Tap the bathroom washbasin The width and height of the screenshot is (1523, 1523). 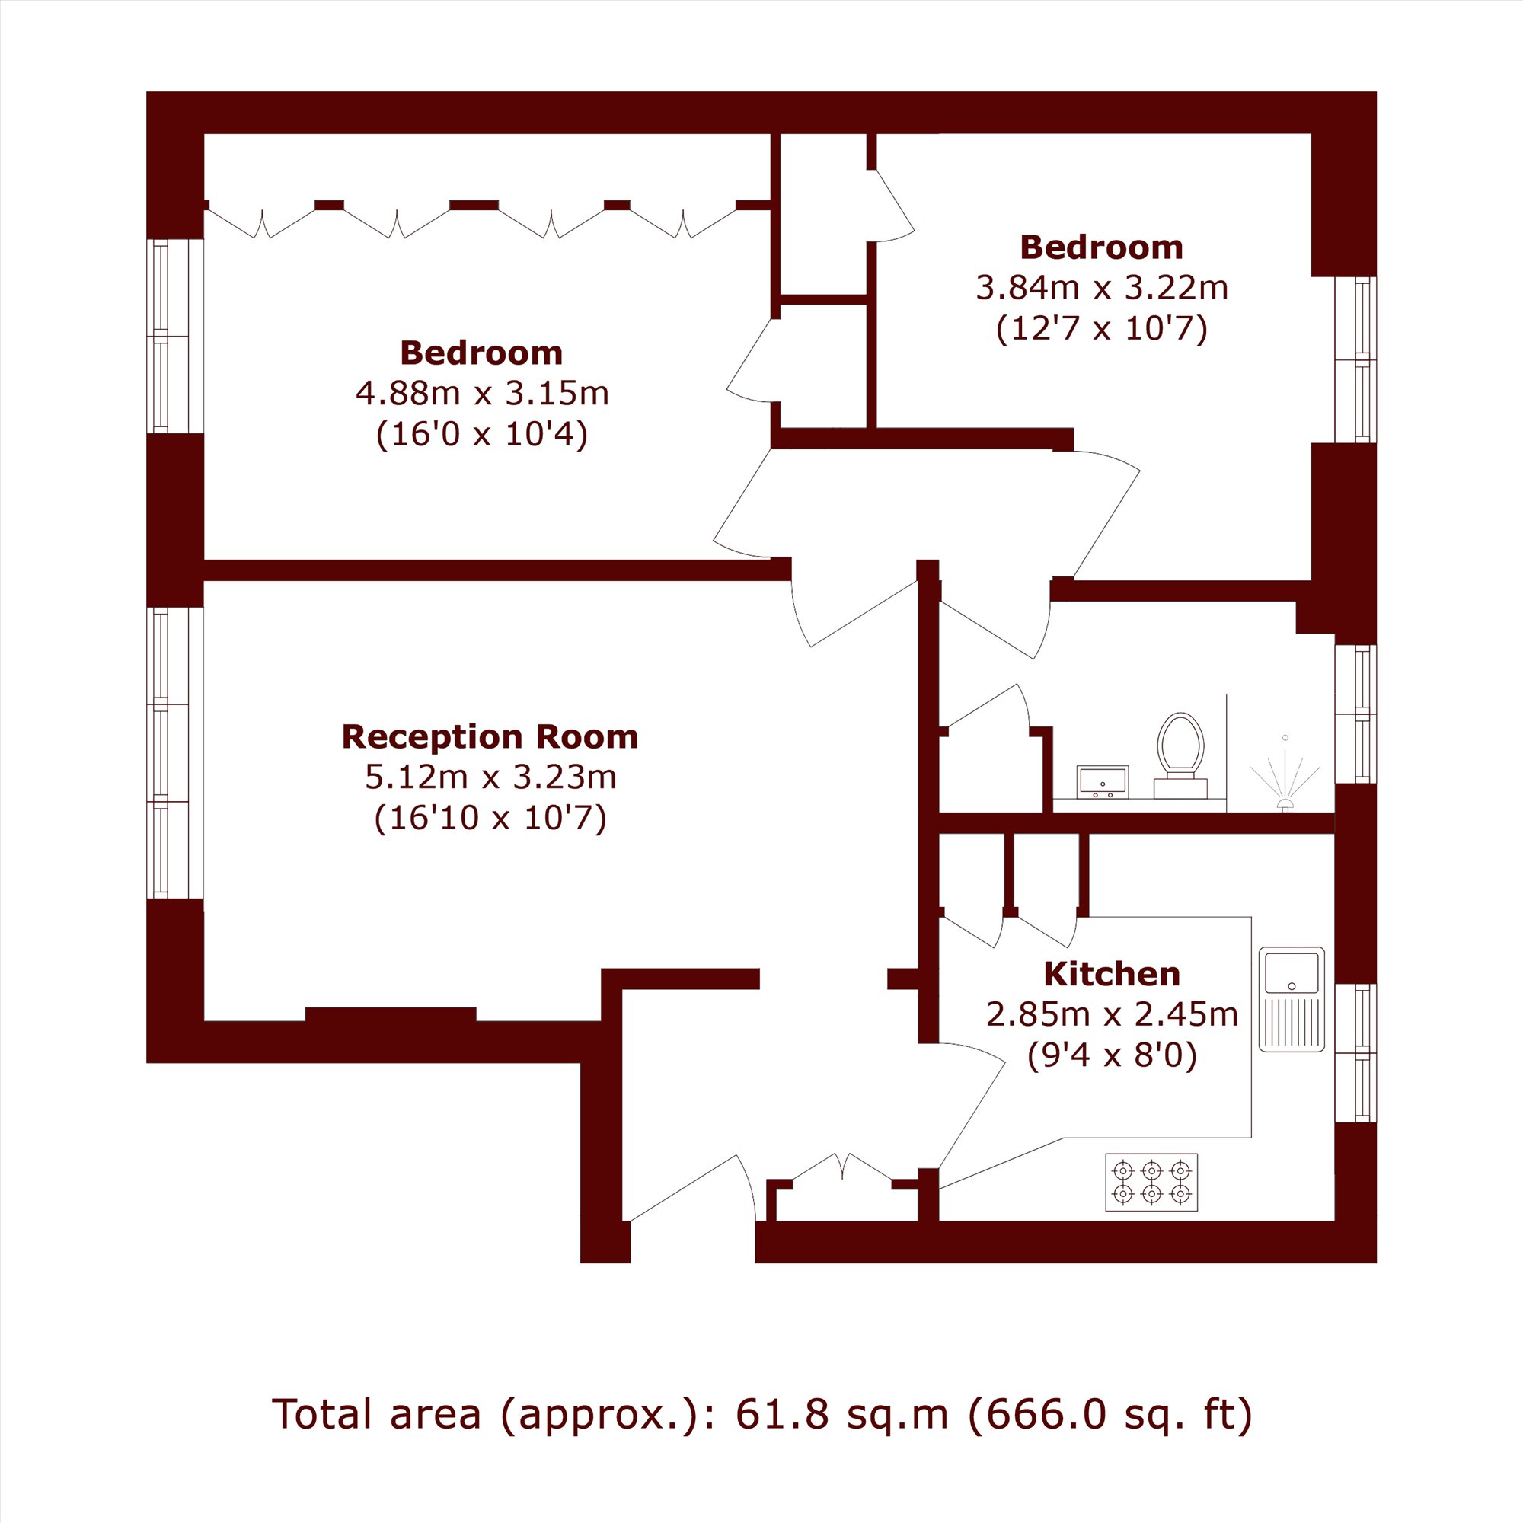click(x=1103, y=782)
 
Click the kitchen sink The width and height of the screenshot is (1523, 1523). click(x=1292, y=1000)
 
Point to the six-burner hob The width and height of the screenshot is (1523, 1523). click(x=1151, y=1183)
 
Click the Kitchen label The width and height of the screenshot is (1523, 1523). click(x=1112, y=975)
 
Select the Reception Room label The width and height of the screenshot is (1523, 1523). click(x=490, y=737)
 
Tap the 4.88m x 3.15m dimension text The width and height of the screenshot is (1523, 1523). click(x=483, y=393)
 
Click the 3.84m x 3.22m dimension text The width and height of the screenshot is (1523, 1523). click(x=1102, y=288)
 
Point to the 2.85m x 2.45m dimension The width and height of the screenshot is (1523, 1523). click(x=1113, y=1014)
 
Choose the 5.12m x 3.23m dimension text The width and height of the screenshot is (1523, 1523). click(x=490, y=777)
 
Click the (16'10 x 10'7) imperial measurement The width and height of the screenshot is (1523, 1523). click(x=490, y=819)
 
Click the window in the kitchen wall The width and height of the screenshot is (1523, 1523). click(x=1355, y=1052)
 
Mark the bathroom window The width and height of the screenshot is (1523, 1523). click(x=1355, y=714)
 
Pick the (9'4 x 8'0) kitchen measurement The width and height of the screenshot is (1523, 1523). click(x=1113, y=1055)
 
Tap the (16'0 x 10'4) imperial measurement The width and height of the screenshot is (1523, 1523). click(x=482, y=433)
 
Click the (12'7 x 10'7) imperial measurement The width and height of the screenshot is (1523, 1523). click(x=1102, y=329)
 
